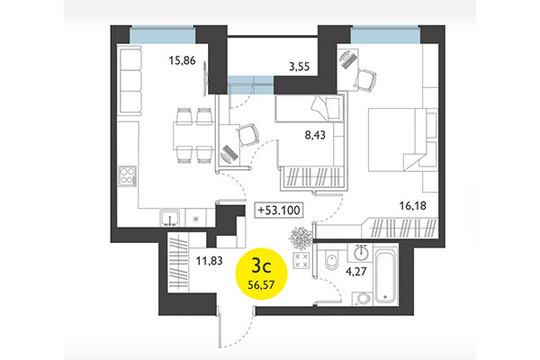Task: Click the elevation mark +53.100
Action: pos(280,211)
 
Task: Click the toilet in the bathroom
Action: pos(333,263)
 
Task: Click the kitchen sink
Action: pos(168,217)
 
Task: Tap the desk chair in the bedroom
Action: pos(365,79)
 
